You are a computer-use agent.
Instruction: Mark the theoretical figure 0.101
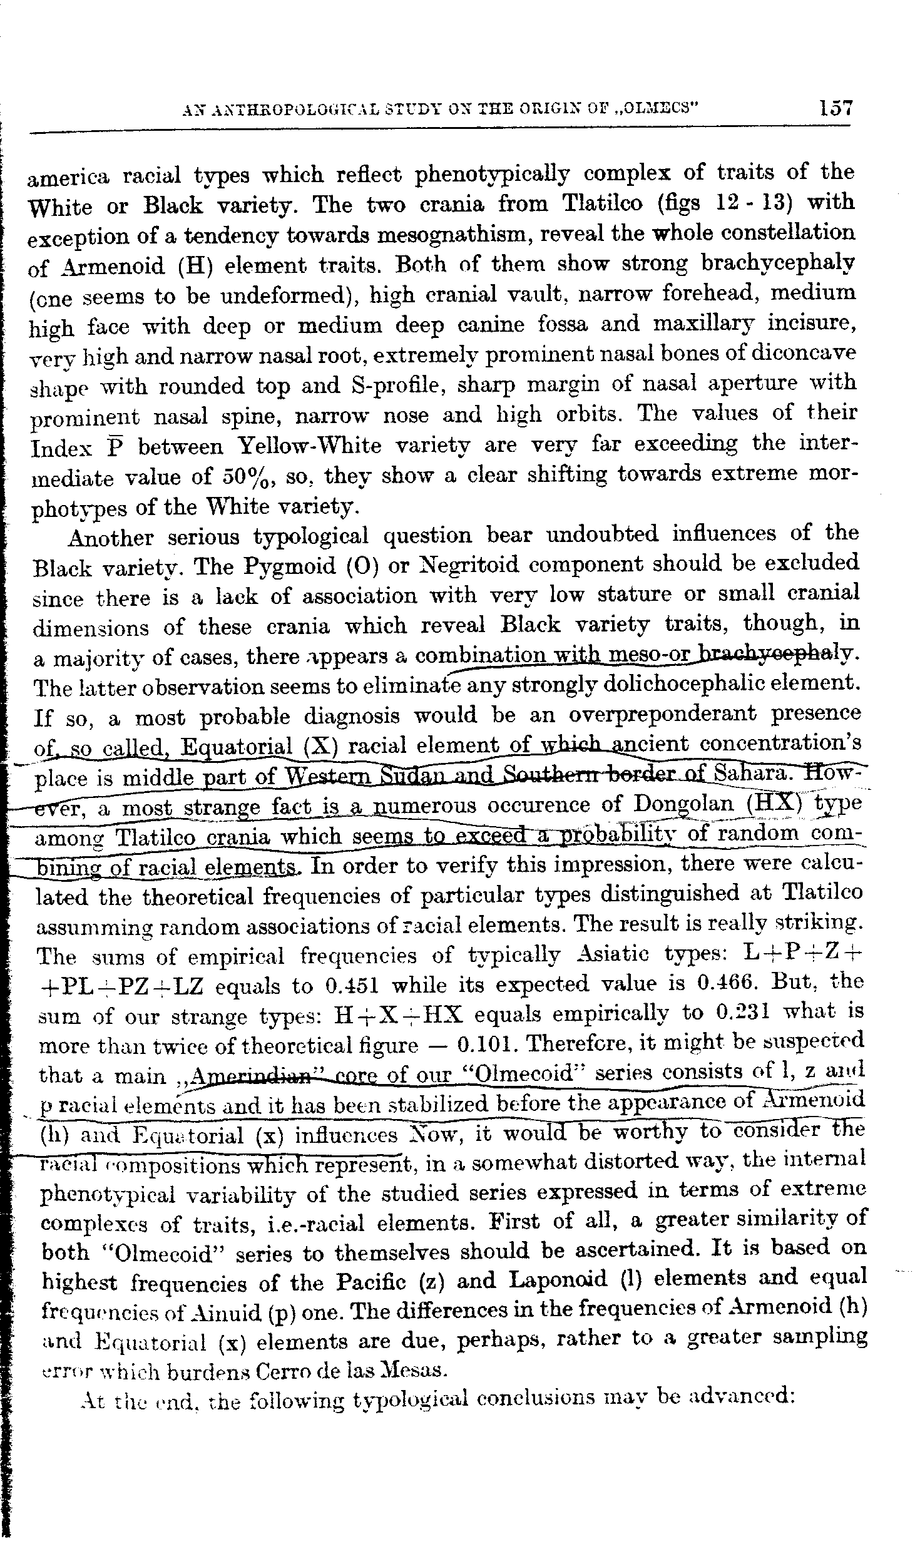tap(488, 1046)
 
